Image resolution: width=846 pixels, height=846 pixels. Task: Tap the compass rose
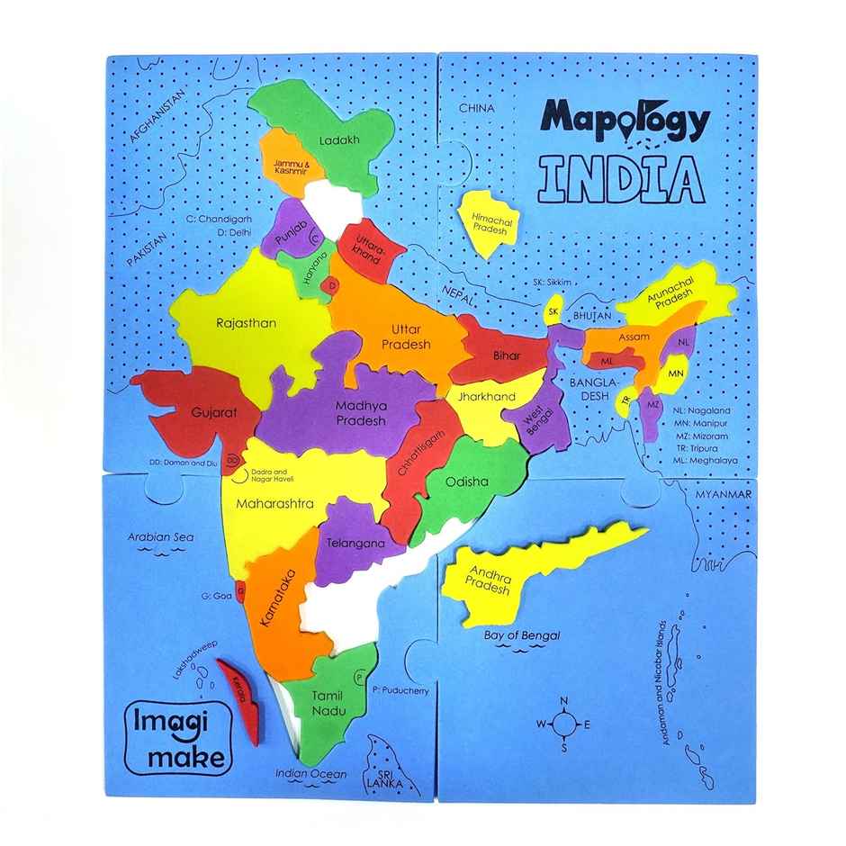click(x=563, y=723)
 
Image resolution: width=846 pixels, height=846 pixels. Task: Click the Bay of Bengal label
click(x=522, y=635)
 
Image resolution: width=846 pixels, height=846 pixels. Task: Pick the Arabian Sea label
click(x=160, y=537)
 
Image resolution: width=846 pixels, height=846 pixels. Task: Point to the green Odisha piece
click(x=463, y=486)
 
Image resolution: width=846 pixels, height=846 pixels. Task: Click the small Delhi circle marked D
click(x=332, y=286)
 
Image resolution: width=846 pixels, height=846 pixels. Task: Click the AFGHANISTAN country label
click(x=162, y=117)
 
